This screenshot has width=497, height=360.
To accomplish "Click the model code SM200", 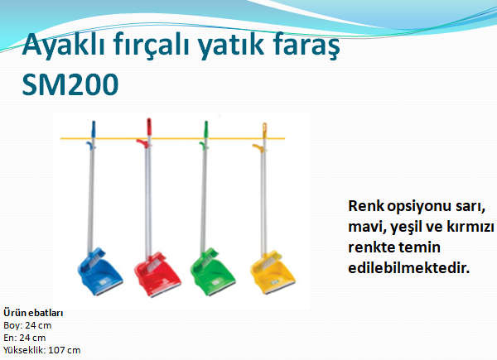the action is [70, 84].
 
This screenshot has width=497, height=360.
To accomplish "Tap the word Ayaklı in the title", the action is [64, 46].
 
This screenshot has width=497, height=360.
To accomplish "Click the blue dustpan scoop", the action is [99, 271].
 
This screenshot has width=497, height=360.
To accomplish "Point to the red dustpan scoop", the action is [157, 274].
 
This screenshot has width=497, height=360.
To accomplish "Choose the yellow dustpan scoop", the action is [273, 272].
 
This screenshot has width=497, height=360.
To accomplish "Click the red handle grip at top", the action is [148, 127].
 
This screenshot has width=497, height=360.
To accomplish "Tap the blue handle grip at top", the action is [94, 128].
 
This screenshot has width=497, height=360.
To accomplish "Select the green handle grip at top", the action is [206, 128].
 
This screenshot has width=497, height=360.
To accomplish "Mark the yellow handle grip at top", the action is [264, 130].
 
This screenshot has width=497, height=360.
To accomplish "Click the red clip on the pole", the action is [142, 143].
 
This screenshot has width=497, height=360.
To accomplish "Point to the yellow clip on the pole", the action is [258, 147].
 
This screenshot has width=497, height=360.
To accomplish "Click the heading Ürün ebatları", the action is [33, 313].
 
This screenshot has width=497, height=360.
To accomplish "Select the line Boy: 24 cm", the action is [27, 325].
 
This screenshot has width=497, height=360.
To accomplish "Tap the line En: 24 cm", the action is [24, 338].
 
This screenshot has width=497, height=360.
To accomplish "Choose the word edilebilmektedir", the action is [408, 268].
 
